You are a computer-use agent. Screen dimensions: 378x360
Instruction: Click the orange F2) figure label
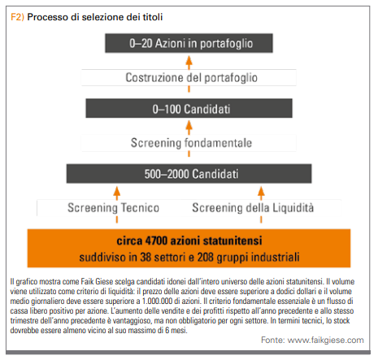click(17, 17)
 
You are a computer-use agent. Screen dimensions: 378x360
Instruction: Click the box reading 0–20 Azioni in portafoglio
click(189, 43)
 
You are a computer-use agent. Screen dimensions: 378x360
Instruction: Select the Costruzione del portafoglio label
click(191, 78)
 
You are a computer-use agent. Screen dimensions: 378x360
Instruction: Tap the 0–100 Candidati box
click(189, 108)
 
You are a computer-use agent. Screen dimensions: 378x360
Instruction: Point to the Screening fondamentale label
click(191, 143)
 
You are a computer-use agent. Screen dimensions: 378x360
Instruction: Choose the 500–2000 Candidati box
click(189, 174)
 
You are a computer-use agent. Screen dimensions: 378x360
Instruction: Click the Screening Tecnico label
click(113, 208)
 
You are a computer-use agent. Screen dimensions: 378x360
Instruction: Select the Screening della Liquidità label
click(253, 208)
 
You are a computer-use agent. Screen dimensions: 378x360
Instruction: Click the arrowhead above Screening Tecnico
click(117, 191)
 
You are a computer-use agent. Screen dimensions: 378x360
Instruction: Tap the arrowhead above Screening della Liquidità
click(261, 191)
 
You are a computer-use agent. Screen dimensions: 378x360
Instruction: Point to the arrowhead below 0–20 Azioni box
click(189, 61)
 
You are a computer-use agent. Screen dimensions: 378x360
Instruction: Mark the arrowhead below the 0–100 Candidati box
click(189, 126)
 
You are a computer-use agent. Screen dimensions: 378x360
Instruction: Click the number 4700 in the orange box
click(156, 241)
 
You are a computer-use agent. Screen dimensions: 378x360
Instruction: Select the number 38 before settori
click(146, 257)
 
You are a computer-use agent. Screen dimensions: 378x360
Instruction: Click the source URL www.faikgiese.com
click(325, 340)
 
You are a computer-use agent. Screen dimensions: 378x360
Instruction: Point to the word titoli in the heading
click(153, 17)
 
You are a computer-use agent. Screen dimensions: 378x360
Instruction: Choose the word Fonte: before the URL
click(273, 340)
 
